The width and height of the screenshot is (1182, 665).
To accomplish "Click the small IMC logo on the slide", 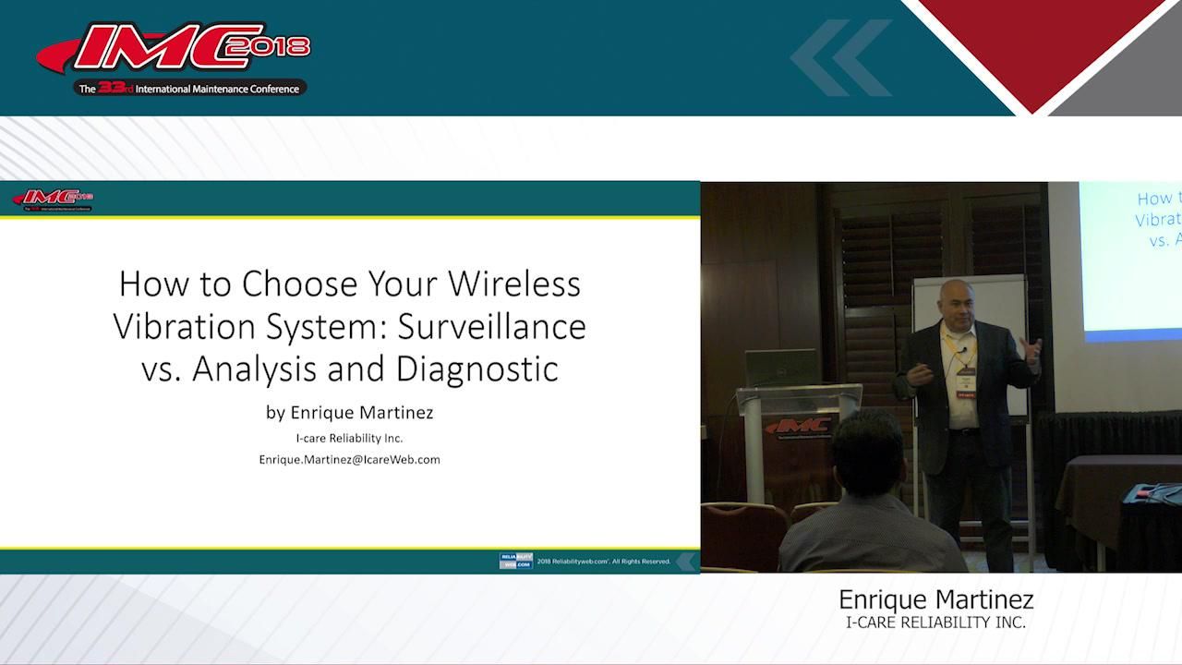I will pyautogui.click(x=53, y=199).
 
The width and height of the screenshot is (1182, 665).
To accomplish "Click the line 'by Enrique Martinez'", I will pyautogui.click(x=349, y=412).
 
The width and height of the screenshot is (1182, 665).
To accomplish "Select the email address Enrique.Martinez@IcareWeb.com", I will pyautogui.click(x=349, y=459).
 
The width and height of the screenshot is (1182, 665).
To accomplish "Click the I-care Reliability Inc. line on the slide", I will pyautogui.click(x=349, y=438).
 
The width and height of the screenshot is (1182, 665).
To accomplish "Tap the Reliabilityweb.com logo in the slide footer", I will pyautogui.click(x=515, y=561).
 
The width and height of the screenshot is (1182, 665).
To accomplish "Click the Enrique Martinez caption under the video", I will pyautogui.click(x=935, y=599).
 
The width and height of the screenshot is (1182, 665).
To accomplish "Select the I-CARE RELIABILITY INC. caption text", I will pyautogui.click(x=935, y=623).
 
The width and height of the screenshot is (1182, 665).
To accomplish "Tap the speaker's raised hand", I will pyautogui.click(x=1031, y=350).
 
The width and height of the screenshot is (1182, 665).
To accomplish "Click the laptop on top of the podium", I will pyautogui.click(x=779, y=368).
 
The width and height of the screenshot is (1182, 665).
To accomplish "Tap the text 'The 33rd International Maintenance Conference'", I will pyautogui.click(x=189, y=89).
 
